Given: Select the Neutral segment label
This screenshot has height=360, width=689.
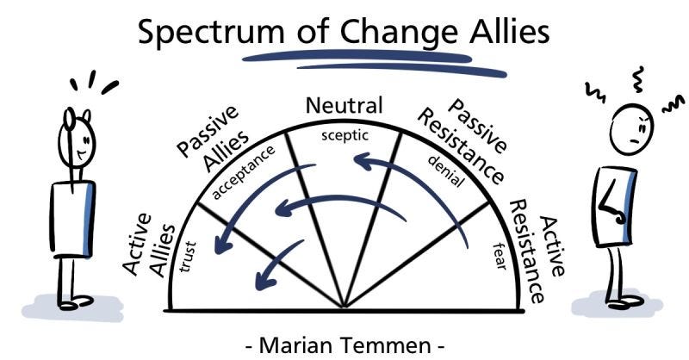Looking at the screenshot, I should point(344,107).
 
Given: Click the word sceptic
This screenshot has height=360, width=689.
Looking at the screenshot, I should point(344,135).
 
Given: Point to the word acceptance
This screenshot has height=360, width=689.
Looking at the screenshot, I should point(245,172).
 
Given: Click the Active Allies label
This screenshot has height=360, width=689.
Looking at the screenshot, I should point(148,247).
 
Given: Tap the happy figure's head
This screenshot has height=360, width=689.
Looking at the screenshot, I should point(77,138).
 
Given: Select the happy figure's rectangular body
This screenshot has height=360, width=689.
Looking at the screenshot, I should point(72,218).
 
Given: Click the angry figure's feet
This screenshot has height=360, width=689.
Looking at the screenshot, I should point(627,301).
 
